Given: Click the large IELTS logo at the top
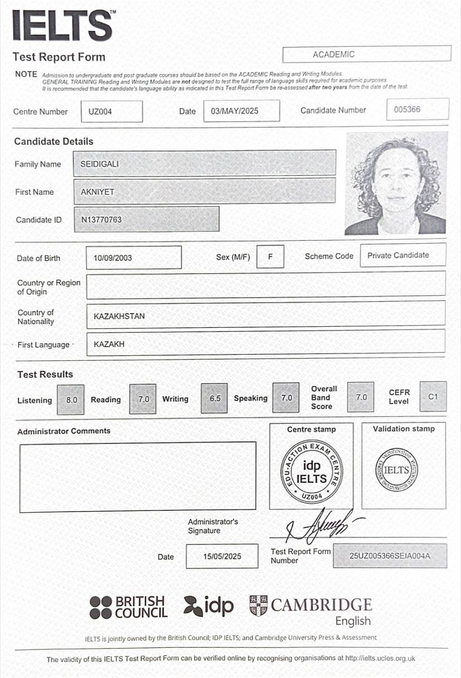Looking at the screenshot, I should coord(62,26).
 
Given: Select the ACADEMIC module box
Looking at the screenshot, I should coord(366,54).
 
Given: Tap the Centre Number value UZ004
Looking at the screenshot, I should coord(111,111).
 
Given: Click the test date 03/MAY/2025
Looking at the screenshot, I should coord(241,111).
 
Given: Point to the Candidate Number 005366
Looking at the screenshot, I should coord(417,109).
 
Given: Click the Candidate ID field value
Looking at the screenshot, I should coord(146,219).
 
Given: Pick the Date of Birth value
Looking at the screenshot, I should coord(133,258).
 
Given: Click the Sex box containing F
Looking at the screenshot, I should coord(270,257).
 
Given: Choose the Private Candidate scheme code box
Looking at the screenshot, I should coord(402,255).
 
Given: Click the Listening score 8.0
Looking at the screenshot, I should coord(71,400).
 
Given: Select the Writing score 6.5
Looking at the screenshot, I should coord(215,399).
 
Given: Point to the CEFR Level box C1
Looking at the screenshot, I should coord(433,397).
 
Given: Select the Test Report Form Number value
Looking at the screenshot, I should coord(390,556).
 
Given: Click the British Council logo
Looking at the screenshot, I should coord(128,607).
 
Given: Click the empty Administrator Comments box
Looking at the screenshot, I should coord(137,476).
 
